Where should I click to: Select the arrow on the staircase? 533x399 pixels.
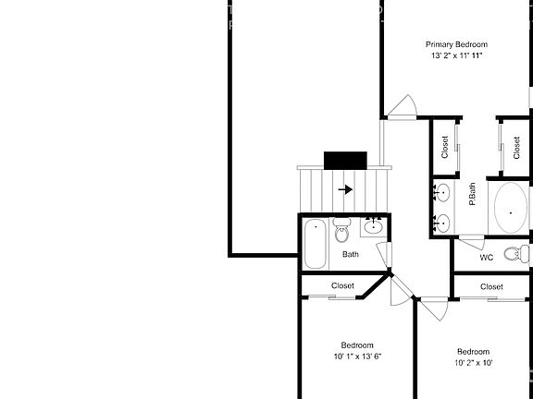tap(346, 189)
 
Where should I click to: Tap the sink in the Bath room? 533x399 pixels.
tap(374, 225)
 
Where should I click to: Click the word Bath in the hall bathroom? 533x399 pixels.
tap(351, 254)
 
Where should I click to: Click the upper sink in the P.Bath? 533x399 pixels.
tap(443, 192)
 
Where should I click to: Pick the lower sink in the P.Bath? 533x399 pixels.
tap(443, 222)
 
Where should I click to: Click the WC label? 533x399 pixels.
tap(486, 258)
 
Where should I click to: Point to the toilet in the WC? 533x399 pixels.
tap(516, 254)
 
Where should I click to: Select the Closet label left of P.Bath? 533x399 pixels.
tap(445, 147)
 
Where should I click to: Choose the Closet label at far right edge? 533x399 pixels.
tap(517, 147)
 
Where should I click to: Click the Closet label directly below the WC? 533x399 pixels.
tap(491, 286)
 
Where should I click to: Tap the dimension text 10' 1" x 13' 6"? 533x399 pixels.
tap(357, 356)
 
